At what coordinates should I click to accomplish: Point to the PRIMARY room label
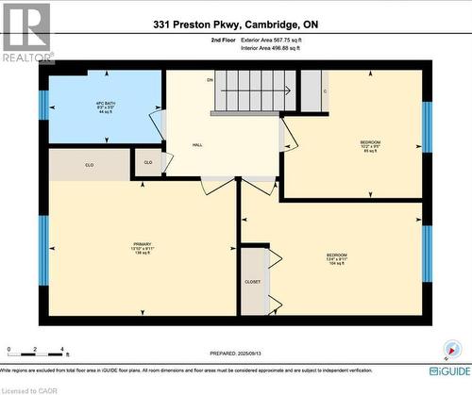point(143,249)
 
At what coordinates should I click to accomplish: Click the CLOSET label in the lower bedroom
point(253,281)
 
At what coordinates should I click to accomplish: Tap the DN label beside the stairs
point(209,80)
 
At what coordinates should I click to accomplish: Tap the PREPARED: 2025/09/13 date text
point(236,354)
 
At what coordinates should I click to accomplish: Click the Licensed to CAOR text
point(29,388)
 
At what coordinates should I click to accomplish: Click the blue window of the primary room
point(42,249)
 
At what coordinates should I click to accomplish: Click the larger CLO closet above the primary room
point(90,164)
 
